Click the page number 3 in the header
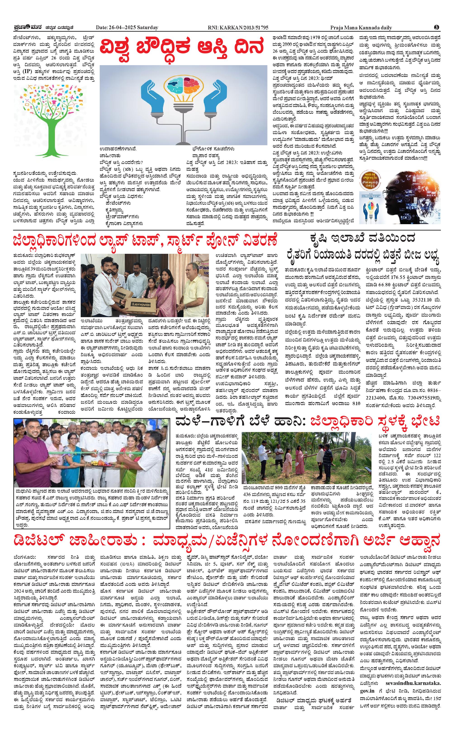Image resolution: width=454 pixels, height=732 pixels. point(437,27)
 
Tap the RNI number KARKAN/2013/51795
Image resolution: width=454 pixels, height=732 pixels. point(248,28)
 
